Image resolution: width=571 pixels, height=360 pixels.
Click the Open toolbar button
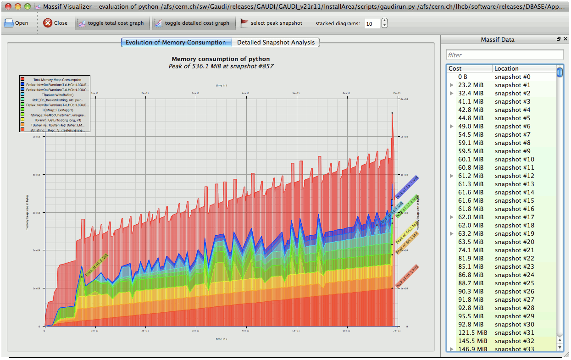coord(16,23)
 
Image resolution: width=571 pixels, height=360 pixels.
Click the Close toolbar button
coord(55,23)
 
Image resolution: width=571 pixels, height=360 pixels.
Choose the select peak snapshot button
coord(272,23)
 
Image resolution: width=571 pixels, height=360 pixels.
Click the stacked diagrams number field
coord(372,23)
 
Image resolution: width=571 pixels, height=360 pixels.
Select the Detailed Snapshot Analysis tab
coord(276,43)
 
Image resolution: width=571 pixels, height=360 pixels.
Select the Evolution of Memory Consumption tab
coord(176,43)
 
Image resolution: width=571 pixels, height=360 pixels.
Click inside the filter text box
coord(504,55)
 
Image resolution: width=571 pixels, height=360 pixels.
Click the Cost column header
coord(469,68)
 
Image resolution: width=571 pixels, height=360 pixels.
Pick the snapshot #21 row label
coord(514,250)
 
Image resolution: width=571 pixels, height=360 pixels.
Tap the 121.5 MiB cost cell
coord(471,332)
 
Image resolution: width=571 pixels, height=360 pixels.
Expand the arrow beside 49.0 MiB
coord(452,127)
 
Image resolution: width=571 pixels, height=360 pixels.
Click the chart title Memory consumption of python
coord(221,59)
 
